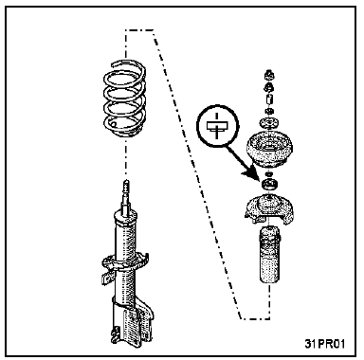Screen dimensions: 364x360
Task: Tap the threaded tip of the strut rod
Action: (127, 187)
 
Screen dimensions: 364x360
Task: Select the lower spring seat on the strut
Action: (125, 262)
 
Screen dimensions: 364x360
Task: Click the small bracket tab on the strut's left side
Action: (106, 279)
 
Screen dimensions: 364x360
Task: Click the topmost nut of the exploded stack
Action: (269, 75)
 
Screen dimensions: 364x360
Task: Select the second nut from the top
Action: (269, 87)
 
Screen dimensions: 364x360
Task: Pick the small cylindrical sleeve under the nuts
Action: (269, 100)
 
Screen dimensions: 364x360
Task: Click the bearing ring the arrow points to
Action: (269, 185)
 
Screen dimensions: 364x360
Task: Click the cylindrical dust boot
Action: (269, 255)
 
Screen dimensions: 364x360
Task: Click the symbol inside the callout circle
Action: (217, 125)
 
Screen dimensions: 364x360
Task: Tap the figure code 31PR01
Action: (325, 343)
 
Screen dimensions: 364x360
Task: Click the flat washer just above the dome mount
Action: (269, 122)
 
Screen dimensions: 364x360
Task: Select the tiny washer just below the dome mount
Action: (269, 174)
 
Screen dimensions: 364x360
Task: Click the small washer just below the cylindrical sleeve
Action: (269, 111)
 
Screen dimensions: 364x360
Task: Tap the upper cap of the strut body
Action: (126, 218)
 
